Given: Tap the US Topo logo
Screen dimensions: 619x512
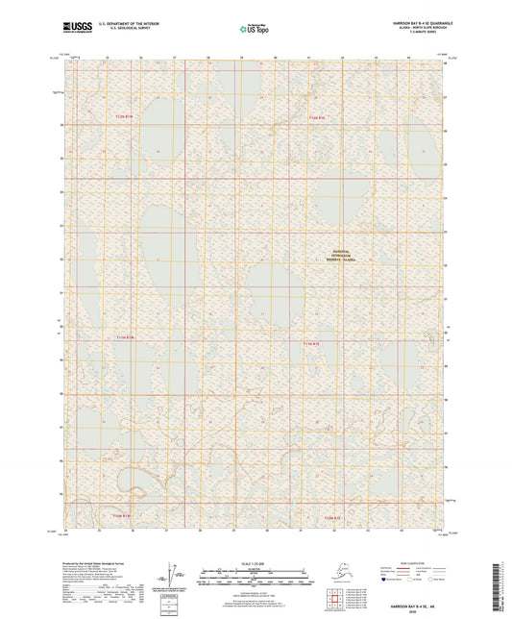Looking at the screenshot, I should pyautogui.click(x=256, y=30).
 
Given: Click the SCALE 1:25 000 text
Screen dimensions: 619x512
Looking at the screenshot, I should pyautogui.click(x=256, y=562).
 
